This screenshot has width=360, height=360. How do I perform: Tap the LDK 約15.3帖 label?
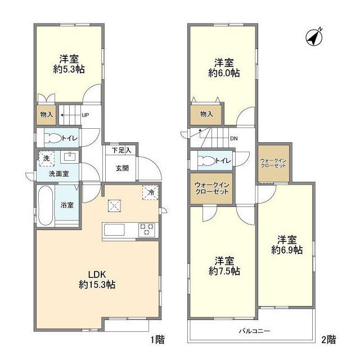97,280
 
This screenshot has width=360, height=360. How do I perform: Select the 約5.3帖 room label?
69,64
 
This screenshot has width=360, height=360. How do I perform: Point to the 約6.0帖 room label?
224,67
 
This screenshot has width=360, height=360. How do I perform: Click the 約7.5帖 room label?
224,266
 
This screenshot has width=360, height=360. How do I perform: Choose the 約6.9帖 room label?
287,245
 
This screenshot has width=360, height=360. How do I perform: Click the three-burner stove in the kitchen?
147,229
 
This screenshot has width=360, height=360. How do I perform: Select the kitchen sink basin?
114,229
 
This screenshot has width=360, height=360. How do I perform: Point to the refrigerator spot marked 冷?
151,192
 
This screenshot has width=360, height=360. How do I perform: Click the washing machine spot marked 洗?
47,159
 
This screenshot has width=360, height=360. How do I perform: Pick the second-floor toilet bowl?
208,161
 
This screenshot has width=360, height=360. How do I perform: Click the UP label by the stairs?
85,115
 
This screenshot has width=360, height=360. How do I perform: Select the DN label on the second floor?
234,138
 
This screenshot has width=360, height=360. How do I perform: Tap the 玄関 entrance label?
122,169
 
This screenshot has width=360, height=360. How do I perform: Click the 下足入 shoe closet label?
121,150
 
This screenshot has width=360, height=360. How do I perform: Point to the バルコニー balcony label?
255,331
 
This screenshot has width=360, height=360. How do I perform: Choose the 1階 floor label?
157,340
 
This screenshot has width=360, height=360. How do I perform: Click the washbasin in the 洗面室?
69,157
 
